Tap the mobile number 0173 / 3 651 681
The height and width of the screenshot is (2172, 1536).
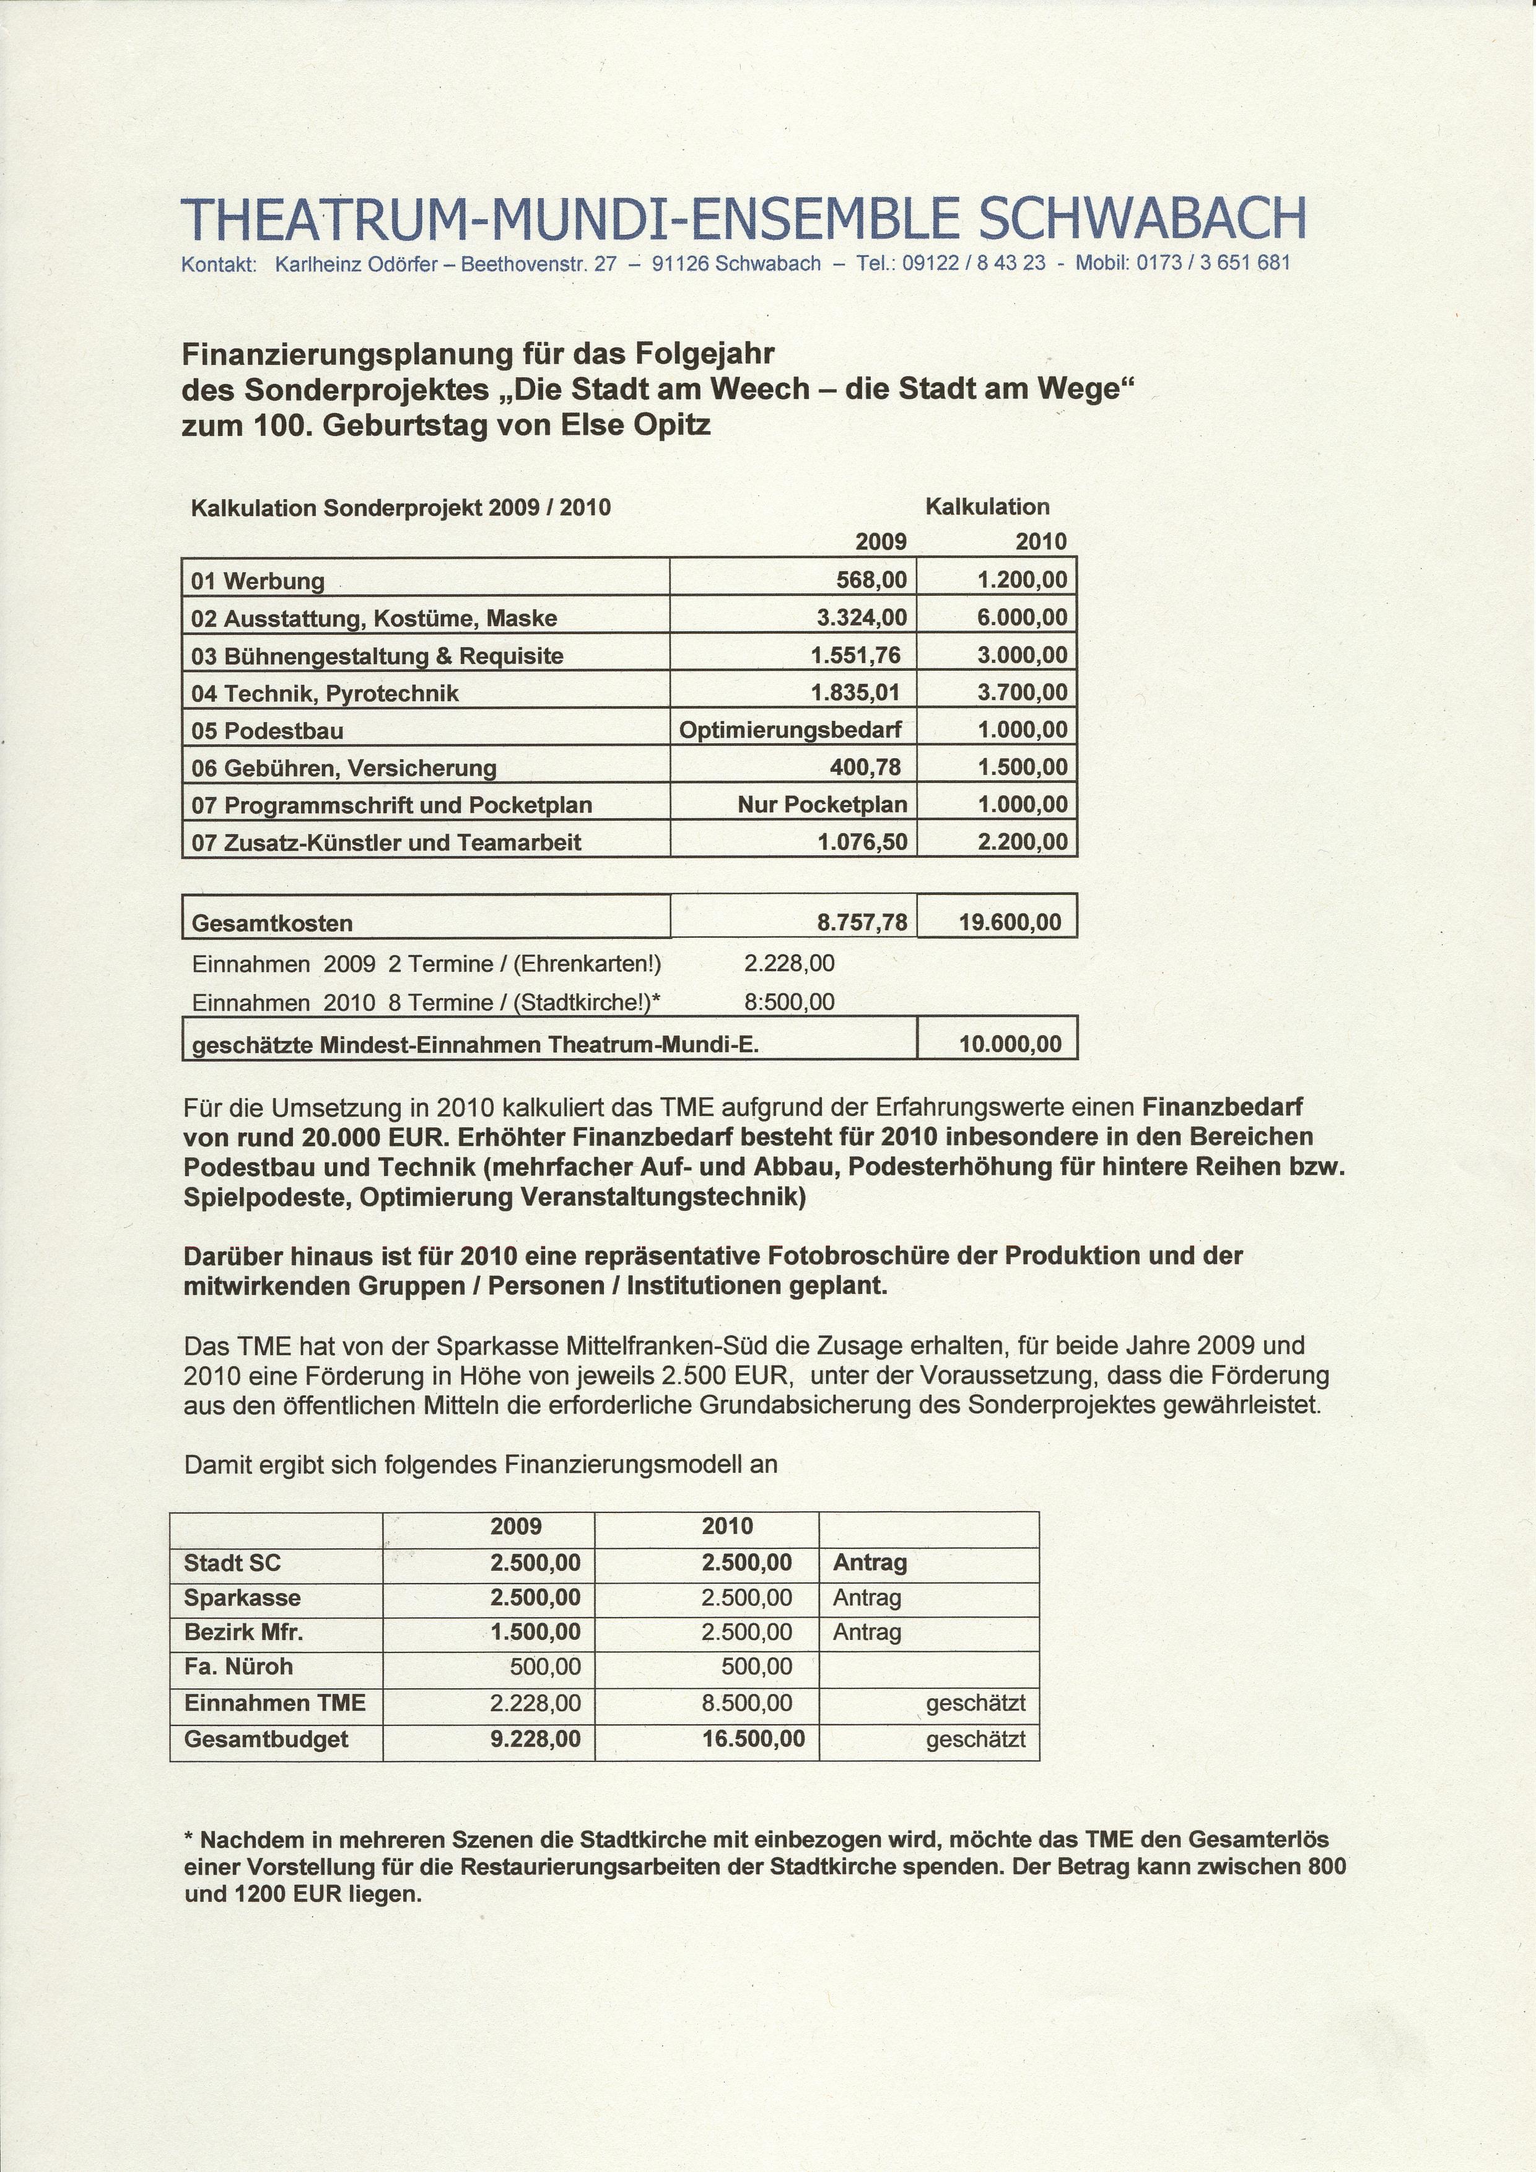tap(1213, 263)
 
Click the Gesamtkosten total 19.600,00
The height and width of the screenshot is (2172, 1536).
tap(1010, 922)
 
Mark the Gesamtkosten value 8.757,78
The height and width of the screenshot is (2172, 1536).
tap(862, 922)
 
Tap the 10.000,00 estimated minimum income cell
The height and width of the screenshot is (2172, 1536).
tap(1010, 1044)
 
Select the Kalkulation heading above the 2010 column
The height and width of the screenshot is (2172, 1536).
tap(987, 507)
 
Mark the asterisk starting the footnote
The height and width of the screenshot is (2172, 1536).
tap(188, 1841)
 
